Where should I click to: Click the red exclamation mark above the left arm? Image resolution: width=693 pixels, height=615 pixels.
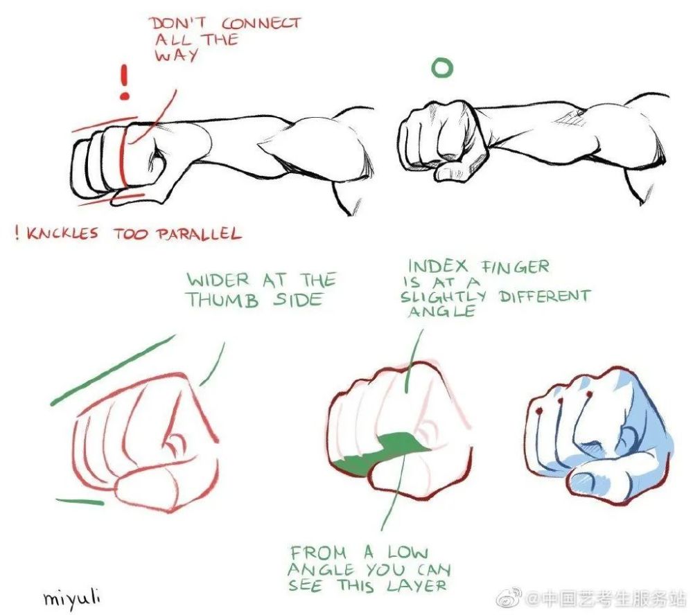click(x=125, y=82)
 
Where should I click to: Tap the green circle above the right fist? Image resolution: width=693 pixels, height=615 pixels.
click(x=442, y=68)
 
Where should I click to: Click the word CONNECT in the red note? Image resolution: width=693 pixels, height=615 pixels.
click(x=261, y=23)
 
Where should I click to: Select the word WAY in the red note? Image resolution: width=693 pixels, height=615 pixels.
click(x=176, y=55)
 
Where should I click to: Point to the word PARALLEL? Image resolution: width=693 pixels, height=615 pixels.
click(x=198, y=233)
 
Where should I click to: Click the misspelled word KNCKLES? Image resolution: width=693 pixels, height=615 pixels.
click(x=62, y=233)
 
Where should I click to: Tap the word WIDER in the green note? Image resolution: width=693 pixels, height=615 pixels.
click(x=218, y=280)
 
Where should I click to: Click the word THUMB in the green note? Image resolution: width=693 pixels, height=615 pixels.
click(x=222, y=300)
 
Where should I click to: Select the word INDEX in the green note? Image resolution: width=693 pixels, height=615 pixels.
click(x=437, y=267)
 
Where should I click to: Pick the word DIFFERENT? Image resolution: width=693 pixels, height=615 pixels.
click(x=545, y=296)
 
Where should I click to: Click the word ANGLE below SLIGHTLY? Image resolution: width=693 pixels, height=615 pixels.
click(x=441, y=311)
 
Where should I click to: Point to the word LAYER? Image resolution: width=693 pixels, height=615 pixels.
click(x=416, y=586)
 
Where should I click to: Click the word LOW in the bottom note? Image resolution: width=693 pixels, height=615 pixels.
click(x=408, y=553)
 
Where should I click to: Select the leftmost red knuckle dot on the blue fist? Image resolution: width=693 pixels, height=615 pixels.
click(x=538, y=411)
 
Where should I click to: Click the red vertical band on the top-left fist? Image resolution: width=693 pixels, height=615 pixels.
click(x=123, y=157)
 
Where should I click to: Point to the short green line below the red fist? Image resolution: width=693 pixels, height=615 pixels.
click(x=80, y=501)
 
